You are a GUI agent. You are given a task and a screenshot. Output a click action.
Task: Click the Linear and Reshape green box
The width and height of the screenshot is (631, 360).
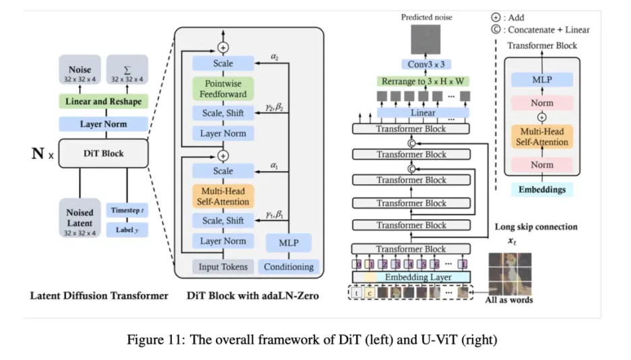click(x=104, y=102)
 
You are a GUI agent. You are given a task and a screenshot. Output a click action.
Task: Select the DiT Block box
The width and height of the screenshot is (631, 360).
click(x=104, y=153)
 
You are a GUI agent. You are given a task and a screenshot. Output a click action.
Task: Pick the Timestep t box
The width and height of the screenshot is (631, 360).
click(x=127, y=210)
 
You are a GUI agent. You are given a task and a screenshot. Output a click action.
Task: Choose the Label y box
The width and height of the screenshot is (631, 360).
click(x=127, y=229)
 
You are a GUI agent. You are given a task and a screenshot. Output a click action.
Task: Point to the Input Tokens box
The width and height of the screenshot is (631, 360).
click(x=223, y=266)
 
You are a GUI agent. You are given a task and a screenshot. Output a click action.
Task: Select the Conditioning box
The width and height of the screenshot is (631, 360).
click(x=288, y=266)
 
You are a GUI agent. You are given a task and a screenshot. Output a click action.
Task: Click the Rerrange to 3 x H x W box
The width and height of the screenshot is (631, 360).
click(x=423, y=81)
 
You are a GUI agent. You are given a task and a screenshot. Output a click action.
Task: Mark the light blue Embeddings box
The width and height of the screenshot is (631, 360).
click(x=541, y=190)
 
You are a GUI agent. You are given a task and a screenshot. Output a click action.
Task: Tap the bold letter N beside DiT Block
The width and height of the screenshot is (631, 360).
click(x=38, y=154)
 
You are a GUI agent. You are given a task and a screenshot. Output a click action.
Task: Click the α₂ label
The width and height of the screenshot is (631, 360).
click(x=275, y=58)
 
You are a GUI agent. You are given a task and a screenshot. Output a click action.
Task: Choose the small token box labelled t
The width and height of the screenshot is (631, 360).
click(x=356, y=292)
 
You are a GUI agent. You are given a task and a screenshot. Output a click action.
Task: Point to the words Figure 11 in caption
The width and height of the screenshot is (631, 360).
click(x=152, y=339)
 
